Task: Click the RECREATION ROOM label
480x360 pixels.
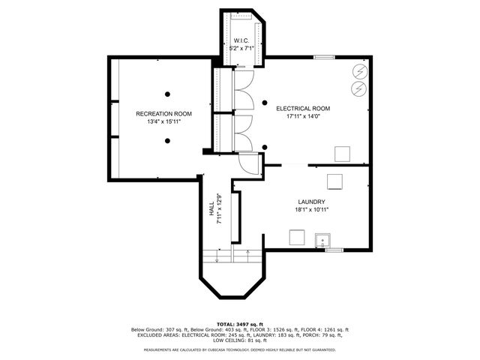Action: point(163,114)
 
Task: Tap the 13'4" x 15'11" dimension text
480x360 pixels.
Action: point(163,122)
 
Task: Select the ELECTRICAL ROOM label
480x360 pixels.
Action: point(303,109)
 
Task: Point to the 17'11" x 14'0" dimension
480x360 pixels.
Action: point(303,117)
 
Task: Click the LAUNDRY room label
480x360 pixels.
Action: point(310,202)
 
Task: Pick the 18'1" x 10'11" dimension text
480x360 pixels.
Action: point(310,210)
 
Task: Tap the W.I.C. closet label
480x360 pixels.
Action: point(241,40)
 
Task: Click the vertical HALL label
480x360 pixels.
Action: point(212,209)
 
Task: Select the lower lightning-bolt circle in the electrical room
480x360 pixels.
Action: point(358,88)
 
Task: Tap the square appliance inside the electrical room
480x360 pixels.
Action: point(342,154)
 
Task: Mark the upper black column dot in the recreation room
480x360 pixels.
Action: point(168,94)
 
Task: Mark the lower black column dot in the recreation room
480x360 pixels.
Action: point(168,140)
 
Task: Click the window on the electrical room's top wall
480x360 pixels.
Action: point(324,57)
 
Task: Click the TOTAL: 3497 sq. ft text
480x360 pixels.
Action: point(240,322)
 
